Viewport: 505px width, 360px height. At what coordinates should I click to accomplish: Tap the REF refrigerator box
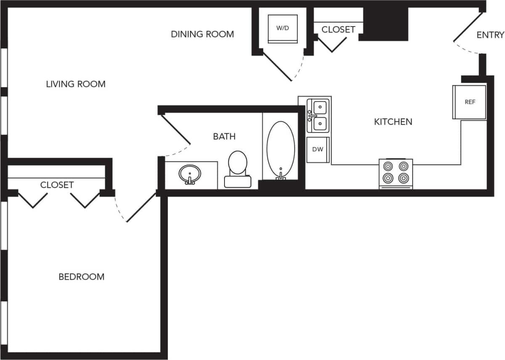click(470, 102)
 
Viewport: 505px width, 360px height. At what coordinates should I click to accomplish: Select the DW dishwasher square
click(318, 149)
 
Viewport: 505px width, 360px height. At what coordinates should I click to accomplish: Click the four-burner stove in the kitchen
click(396, 173)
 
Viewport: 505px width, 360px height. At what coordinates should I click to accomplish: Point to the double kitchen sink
click(320, 114)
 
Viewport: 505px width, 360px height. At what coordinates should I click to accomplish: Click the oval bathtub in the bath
click(280, 149)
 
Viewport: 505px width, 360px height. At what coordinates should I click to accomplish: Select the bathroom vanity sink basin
click(190, 173)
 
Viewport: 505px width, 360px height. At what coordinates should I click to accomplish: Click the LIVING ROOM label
click(76, 84)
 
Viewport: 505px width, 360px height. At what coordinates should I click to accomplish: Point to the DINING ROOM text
click(202, 34)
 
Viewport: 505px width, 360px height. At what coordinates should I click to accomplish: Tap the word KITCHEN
click(393, 122)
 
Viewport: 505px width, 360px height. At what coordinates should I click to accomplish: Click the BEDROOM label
click(82, 277)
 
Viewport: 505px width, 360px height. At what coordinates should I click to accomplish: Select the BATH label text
click(224, 136)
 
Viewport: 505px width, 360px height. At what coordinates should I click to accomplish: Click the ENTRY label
click(490, 35)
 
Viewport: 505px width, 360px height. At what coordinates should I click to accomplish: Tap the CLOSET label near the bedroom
click(57, 185)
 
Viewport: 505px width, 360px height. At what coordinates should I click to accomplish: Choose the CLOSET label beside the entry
click(338, 29)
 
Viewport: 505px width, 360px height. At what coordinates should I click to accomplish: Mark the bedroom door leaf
click(141, 207)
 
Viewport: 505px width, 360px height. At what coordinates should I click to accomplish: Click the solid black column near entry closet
click(386, 24)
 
